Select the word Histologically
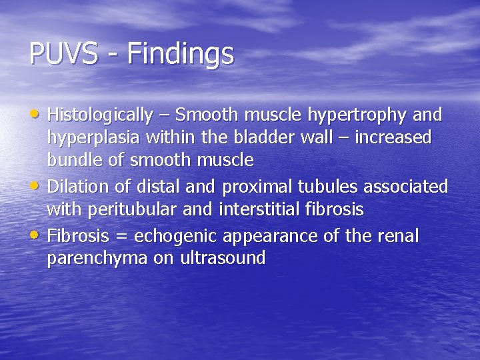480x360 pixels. click(100, 115)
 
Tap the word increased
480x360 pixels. click(393, 138)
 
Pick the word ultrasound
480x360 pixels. click(223, 259)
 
